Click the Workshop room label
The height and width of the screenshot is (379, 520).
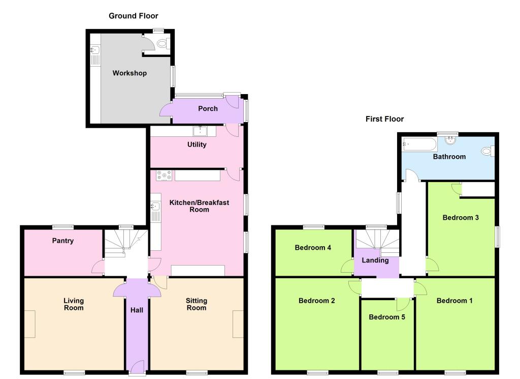tap(129, 73)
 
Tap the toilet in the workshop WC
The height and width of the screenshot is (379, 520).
tap(163, 43)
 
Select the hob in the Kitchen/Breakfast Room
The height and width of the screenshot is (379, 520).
tap(164, 176)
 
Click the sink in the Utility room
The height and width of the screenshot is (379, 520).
tap(200, 131)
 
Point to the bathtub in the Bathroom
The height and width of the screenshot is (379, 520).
tap(419, 144)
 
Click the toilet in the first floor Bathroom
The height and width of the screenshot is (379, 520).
tap(488, 151)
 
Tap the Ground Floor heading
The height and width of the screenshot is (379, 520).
tap(134, 16)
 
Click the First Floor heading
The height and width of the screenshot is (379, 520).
tap(385, 119)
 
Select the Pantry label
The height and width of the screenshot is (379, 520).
tap(62, 241)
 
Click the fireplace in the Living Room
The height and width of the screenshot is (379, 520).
tap(29, 324)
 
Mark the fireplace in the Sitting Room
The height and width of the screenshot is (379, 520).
tap(238, 324)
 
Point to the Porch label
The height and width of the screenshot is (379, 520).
tap(208, 109)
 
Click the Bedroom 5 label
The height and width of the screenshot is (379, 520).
tap(386, 317)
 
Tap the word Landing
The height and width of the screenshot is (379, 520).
tap(375, 260)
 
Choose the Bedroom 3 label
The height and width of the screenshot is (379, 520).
tap(461, 218)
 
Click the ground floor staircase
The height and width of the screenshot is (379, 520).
tap(126, 243)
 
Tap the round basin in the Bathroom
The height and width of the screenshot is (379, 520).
tap(450, 140)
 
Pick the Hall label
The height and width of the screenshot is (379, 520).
tap(137, 310)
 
